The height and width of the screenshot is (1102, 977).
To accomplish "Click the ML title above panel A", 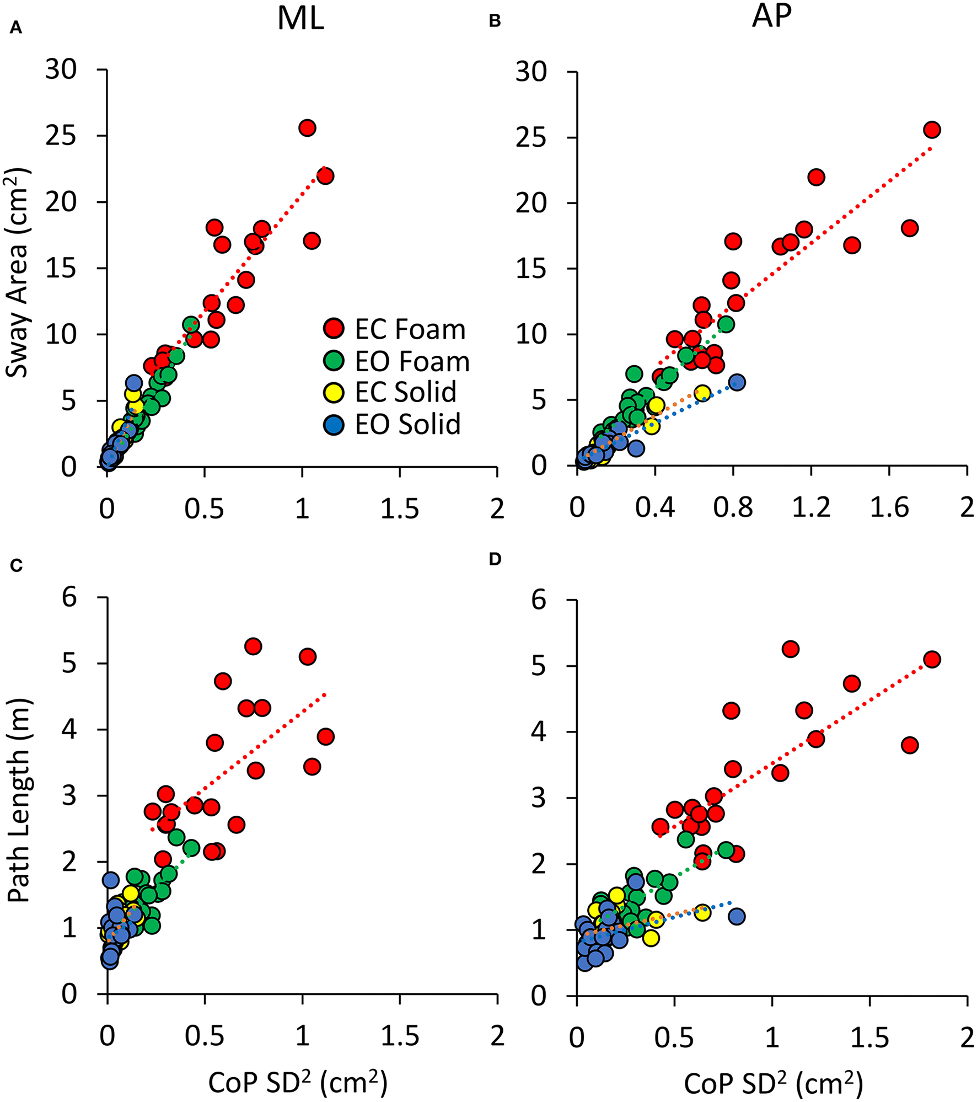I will click(300, 18).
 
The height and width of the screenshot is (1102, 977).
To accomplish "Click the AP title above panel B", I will click(771, 16).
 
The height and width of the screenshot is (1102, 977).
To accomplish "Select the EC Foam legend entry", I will click(394, 329).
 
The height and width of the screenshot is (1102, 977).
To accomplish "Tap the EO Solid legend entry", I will click(393, 425).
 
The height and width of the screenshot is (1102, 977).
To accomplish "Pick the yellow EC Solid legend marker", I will click(334, 392).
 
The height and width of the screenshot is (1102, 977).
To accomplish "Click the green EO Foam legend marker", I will click(334, 361).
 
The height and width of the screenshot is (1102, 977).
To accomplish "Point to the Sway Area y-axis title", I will click(18, 273).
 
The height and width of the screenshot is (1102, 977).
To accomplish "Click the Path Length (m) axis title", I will click(19, 801).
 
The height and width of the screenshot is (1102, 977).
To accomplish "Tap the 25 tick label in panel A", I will click(61, 136).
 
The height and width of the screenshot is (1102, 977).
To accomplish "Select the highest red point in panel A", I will click(307, 128).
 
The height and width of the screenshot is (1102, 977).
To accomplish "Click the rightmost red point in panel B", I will click(932, 130).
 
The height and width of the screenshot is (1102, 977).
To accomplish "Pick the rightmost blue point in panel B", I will click(737, 382).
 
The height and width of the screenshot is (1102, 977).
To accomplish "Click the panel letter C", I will click(16, 566).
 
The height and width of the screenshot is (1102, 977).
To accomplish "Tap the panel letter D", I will click(495, 559).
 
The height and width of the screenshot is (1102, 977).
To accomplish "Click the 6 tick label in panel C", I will click(69, 597).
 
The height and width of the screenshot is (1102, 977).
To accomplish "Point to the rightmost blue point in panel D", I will click(737, 916).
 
